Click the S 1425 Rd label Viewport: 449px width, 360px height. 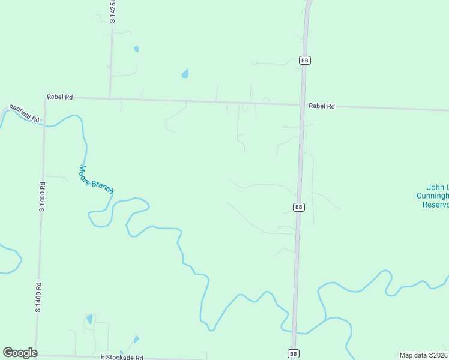(112, 12)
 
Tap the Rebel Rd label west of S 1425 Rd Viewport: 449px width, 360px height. (60, 97)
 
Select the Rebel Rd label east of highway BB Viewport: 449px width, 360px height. (321, 106)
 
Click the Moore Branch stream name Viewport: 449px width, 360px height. (95, 179)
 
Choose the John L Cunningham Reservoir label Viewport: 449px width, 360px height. (432, 196)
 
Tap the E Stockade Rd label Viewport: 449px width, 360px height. (122, 358)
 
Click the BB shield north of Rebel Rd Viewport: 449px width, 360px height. (305, 61)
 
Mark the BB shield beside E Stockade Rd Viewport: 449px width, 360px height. (292, 353)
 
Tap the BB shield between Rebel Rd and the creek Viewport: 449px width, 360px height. (299, 207)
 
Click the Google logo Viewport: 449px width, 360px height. (20, 353)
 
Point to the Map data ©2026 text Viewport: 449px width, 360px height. (423, 355)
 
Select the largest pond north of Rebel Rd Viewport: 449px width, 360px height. (185, 74)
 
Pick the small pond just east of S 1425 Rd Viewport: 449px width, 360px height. (137, 49)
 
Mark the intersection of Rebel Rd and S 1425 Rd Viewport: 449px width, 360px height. (110, 98)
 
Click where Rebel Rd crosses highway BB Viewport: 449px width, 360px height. (303, 105)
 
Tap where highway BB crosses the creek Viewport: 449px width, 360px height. (294, 331)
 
